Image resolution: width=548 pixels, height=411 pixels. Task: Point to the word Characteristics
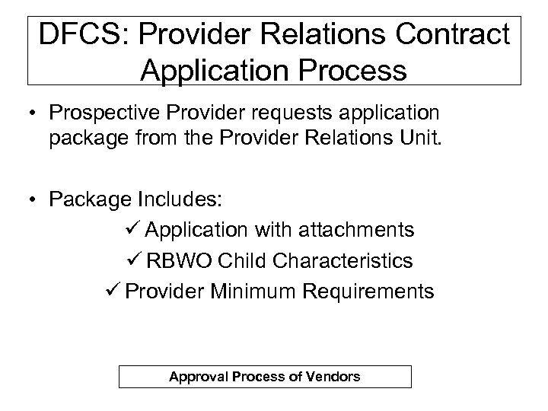pos(349,260)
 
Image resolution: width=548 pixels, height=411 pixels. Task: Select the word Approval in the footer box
pos(195,377)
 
